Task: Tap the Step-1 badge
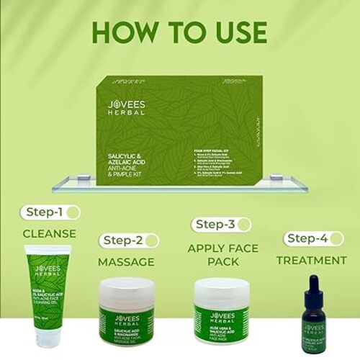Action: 50,212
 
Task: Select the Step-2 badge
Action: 130,240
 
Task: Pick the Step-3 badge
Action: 217,225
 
